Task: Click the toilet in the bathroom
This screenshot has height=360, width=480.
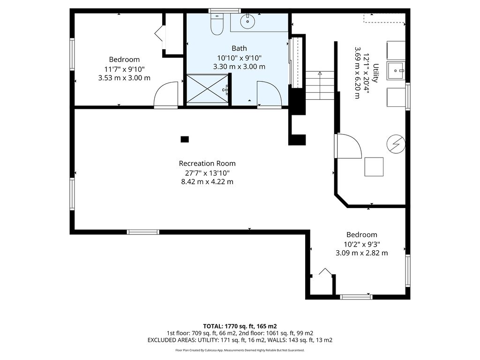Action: click(x=217, y=24)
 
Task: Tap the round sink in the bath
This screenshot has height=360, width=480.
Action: click(x=247, y=22)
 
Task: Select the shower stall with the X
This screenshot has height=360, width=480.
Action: click(x=207, y=89)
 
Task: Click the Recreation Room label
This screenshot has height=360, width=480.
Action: click(x=207, y=164)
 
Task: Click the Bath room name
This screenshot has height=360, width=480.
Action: click(x=239, y=48)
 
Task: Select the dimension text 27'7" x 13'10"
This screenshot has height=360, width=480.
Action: click(x=207, y=173)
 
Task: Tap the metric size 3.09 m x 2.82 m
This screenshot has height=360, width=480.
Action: click(x=361, y=253)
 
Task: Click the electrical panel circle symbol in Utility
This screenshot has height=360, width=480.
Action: click(x=396, y=144)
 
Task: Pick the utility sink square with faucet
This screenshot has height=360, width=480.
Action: click(x=396, y=71)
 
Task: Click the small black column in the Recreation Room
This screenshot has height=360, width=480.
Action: click(x=185, y=139)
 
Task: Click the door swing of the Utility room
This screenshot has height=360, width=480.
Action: click(x=348, y=146)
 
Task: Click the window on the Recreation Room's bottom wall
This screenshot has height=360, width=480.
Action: click(x=143, y=232)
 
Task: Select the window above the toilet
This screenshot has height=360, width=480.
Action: click(x=225, y=11)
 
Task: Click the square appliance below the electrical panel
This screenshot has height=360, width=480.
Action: click(x=374, y=167)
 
